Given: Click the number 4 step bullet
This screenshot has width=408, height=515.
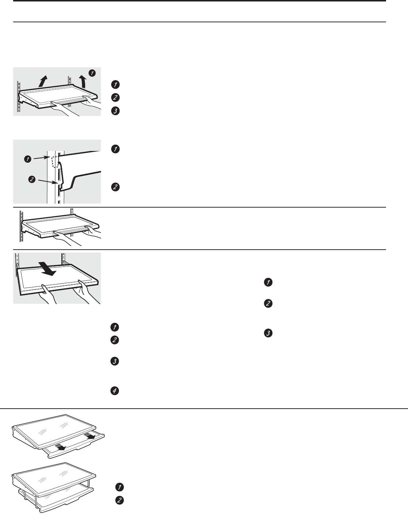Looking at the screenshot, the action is point(115,391).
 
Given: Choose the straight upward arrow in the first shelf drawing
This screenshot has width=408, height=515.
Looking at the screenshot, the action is point(43,80).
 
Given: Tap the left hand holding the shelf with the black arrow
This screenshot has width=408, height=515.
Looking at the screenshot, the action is point(48,295).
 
